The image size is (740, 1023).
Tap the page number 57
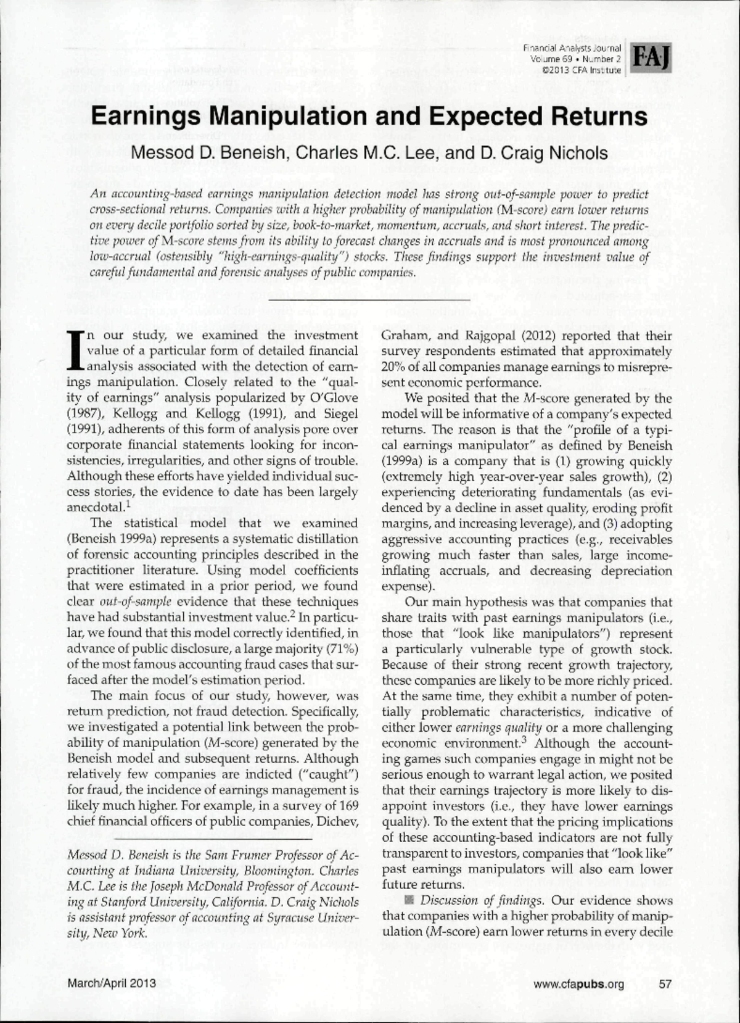pyautogui.click(x=665, y=984)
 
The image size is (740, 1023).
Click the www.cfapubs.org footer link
pyautogui.click(x=579, y=984)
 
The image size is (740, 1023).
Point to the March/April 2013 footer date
pyautogui.click(x=112, y=984)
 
